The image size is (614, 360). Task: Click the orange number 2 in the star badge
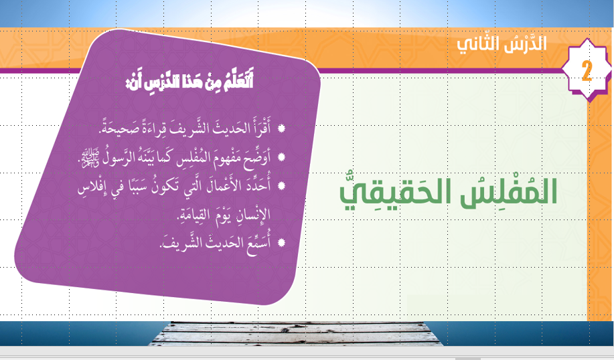pyautogui.click(x=587, y=71)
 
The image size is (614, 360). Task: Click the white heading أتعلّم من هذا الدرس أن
pyautogui.click(x=189, y=80)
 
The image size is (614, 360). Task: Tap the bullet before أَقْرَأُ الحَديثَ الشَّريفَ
pyautogui.click(x=281, y=128)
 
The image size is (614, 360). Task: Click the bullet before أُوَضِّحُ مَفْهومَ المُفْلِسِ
pyautogui.click(x=281, y=157)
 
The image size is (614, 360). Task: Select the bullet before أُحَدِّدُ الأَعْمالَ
pyautogui.click(x=281, y=185)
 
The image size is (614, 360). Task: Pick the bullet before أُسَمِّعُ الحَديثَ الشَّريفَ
pyautogui.click(x=281, y=243)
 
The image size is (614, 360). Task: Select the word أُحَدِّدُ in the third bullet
pyautogui.click(x=257, y=185)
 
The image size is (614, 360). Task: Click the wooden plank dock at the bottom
pyautogui.click(x=296, y=333)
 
